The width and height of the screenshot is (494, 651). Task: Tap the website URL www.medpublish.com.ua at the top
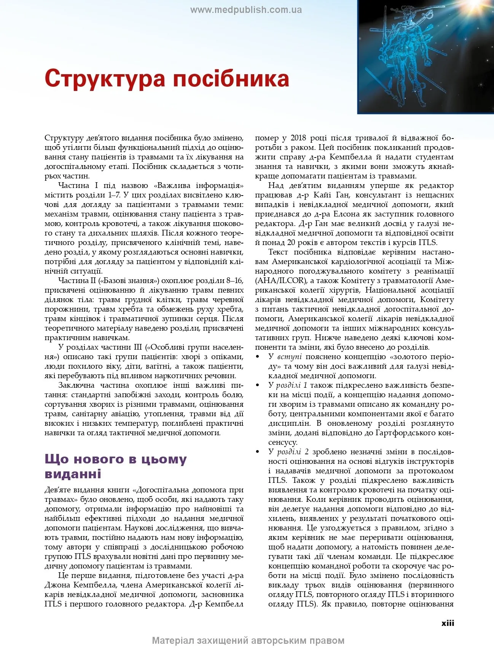click(246, 10)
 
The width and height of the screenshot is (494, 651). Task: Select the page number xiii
click(448, 623)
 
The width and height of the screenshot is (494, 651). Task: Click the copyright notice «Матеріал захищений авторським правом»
click(248, 641)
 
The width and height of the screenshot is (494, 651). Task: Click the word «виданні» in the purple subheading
click(73, 474)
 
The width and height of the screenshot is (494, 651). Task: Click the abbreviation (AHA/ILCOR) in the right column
click(280, 281)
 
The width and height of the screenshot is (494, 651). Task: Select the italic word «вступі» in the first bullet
click(290, 357)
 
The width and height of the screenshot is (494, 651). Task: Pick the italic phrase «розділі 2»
click(293, 452)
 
